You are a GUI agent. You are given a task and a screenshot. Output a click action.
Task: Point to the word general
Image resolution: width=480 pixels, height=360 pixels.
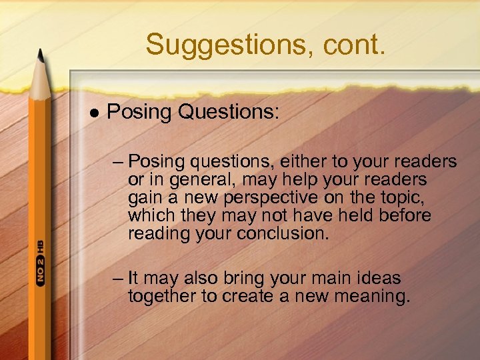coord(199,179)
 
